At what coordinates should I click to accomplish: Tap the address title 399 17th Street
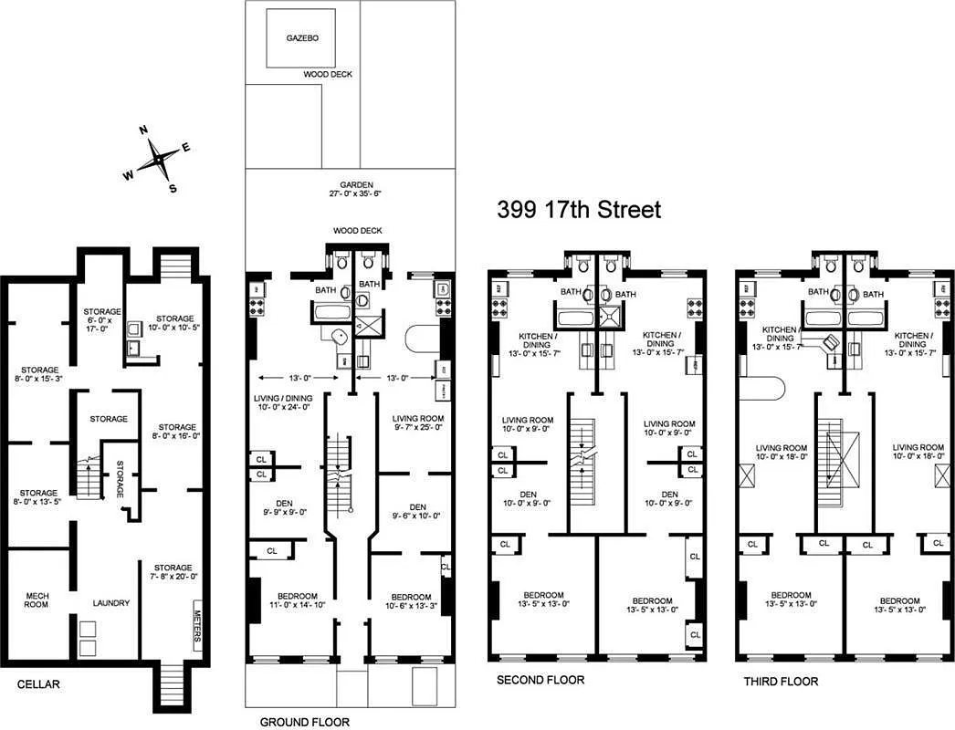click(579, 209)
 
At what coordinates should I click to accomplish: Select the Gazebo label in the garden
click(302, 39)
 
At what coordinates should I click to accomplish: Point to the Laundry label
click(110, 603)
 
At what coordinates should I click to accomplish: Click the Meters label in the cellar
click(198, 624)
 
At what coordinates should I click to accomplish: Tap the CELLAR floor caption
click(39, 683)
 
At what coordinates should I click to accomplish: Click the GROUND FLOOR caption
click(304, 722)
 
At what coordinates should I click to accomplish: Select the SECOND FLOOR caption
click(540, 680)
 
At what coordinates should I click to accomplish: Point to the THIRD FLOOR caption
click(780, 681)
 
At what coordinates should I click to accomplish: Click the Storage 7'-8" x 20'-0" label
click(173, 572)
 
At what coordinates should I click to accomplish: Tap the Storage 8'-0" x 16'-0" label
click(176, 433)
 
